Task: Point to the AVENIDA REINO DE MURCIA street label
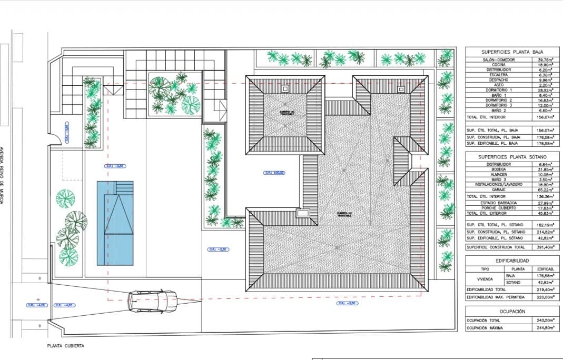4,175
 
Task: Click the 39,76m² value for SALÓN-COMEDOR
545,60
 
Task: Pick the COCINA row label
491,65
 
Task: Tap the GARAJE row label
491,190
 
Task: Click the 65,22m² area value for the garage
545,190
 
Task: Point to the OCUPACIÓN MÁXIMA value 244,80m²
545,328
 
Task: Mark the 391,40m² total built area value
545,247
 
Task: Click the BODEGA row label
491,169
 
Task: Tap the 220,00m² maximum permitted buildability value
545,297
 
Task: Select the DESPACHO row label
491,81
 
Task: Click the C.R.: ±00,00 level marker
274,173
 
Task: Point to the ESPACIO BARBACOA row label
491,203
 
